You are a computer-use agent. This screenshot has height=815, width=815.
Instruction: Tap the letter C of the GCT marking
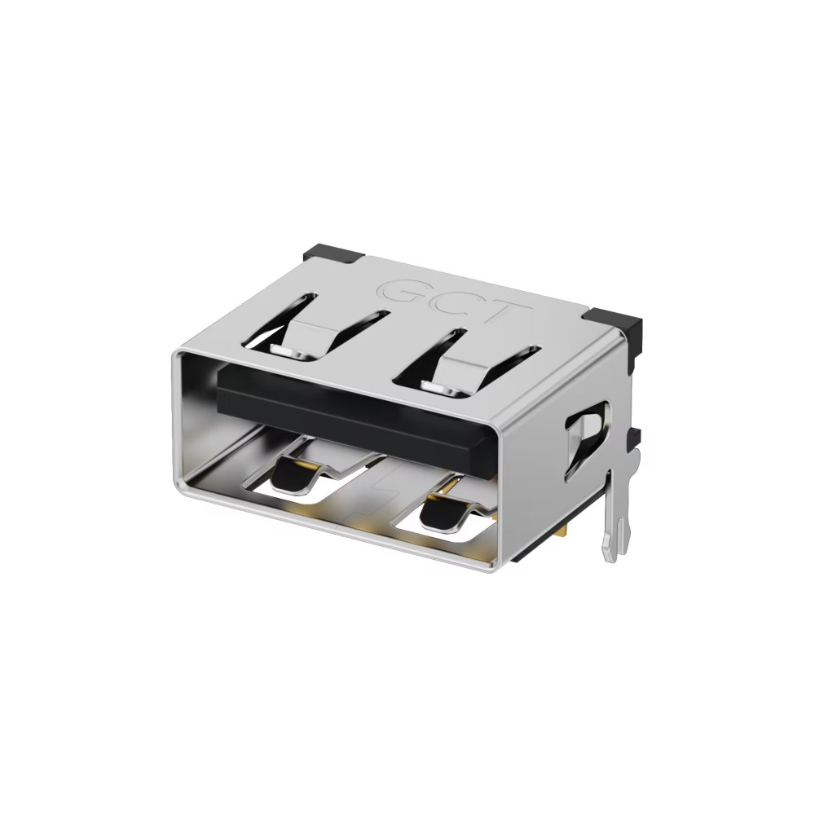[457, 301]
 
